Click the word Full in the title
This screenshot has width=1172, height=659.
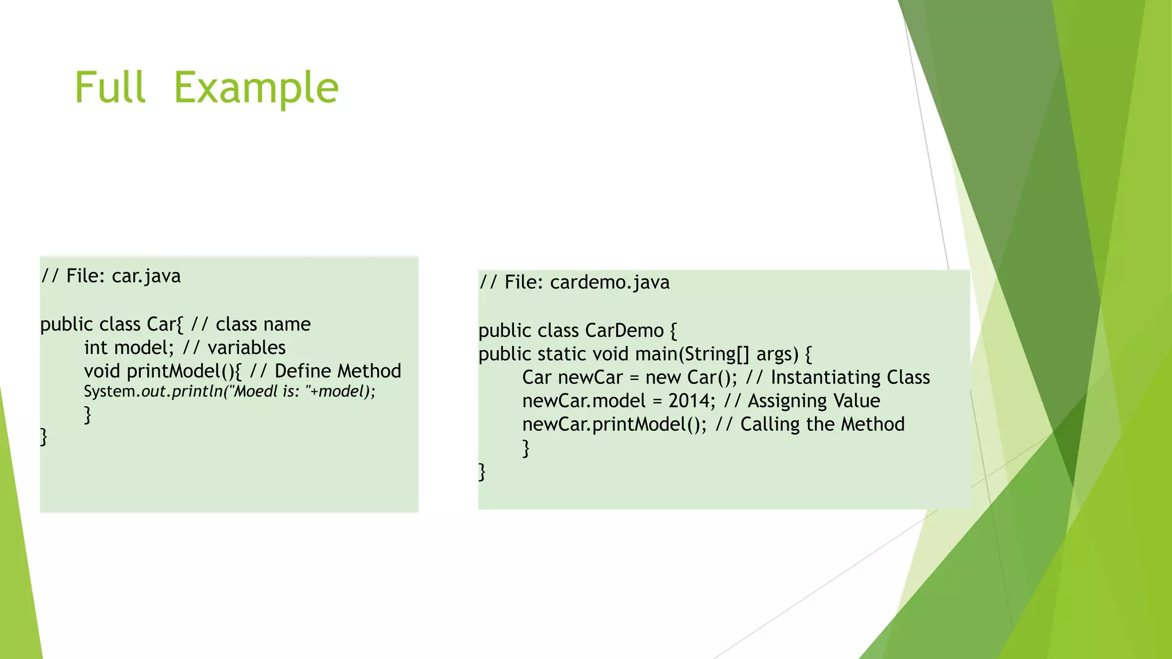110,88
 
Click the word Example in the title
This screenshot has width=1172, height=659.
256,88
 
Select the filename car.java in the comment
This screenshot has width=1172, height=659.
146,276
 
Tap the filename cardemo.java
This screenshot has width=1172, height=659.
609,283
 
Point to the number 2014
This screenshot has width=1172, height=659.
691,401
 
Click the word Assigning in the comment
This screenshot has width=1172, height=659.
787,401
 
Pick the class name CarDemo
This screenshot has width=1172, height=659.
624,331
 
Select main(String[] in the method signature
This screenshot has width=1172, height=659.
692,354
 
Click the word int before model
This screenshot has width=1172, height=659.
96,348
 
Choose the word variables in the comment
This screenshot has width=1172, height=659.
246,348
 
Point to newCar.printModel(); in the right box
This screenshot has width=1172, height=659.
614,424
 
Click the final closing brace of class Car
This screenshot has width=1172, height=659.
43,437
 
